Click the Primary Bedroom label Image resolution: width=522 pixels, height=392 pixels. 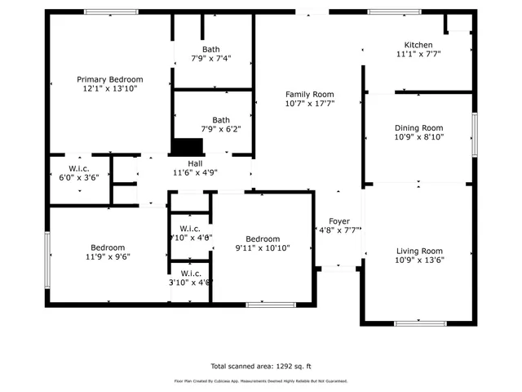point(110,79)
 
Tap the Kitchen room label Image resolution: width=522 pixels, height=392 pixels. point(418,45)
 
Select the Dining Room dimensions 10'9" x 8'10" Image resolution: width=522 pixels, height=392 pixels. point(418,137)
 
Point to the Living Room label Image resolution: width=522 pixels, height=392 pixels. point(418,251)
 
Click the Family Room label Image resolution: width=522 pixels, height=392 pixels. point(310,94)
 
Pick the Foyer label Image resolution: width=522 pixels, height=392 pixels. point(339,221)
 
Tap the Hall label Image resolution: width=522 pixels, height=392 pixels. point(196,163)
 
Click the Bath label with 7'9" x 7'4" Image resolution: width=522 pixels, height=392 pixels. point(211,50)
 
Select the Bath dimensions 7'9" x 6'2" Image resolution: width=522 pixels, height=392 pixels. point(221,129)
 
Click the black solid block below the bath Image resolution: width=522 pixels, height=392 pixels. point(187,146)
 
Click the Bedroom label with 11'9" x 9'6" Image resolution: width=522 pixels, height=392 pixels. point(108,247)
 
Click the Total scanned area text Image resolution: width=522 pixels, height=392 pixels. point(261,367)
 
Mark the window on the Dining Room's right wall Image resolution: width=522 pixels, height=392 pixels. point(474,131)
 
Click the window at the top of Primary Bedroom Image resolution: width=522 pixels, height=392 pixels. point(110,11)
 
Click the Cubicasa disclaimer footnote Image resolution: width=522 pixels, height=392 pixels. point(261,381)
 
